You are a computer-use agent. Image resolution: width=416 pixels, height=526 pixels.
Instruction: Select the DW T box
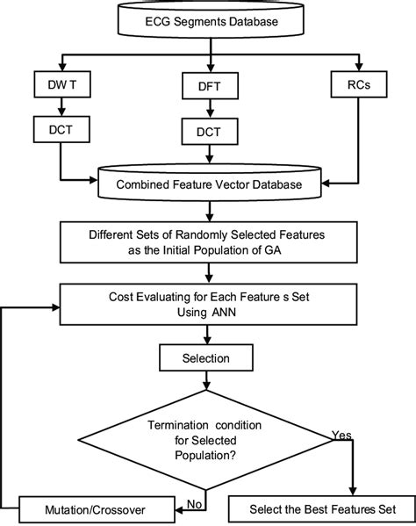58,88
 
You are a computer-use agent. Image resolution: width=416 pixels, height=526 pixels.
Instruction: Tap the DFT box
208,88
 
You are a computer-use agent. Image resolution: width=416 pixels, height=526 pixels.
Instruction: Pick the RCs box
360,85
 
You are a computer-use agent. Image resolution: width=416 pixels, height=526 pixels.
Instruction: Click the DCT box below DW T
58,130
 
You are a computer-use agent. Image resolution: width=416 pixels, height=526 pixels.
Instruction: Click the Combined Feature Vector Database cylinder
208,185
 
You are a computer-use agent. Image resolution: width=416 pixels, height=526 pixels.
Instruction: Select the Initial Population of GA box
208,241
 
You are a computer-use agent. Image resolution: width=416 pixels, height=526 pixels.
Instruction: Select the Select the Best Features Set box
313,509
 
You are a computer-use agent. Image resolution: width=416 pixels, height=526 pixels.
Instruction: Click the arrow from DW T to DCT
58,109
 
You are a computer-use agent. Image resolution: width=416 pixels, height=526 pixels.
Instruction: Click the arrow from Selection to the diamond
208,380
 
